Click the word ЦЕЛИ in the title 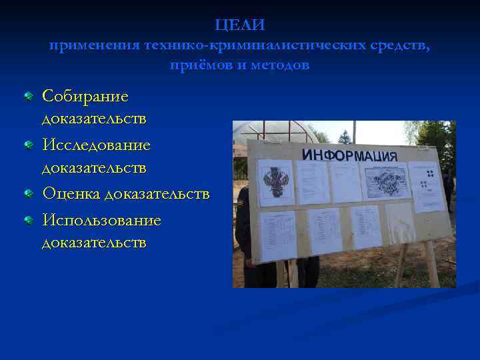[x=240, y=25]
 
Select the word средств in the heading [x=397, y=45]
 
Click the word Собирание [x=85, y=96]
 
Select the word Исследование [x=96, y=145]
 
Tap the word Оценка [x=72, y=193]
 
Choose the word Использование [x=101, y=219]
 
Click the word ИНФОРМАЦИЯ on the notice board [x=349, y=155]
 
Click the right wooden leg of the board [x=429, y=263]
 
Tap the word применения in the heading [x=93, y=45]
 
